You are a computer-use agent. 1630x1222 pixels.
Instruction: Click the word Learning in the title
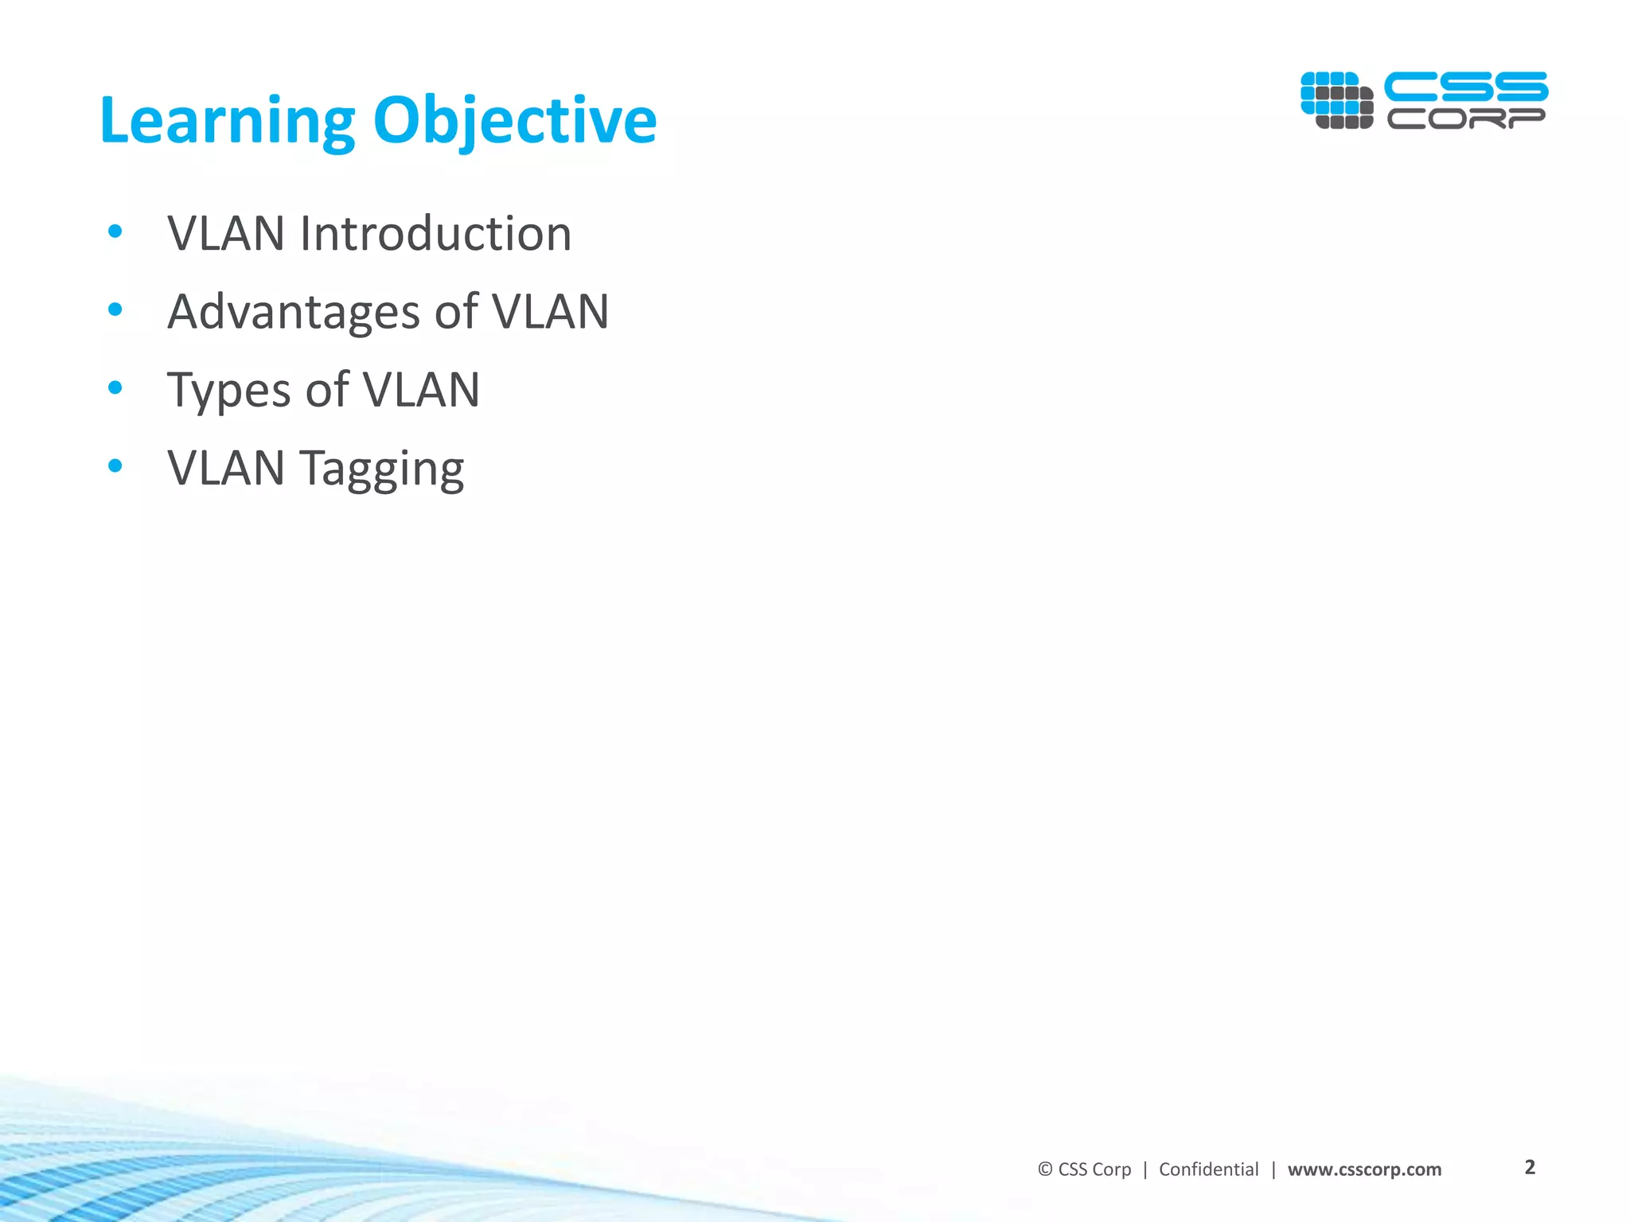coord(227,121)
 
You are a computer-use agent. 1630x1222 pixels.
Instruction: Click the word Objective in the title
coord(515,121)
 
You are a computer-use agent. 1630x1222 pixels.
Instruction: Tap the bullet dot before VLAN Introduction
coord(115,232)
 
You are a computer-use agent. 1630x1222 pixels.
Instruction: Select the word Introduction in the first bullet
coord(435,234)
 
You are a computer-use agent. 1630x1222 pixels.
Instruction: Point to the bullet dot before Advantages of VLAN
coord(115,309)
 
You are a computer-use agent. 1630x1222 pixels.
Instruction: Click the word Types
coord(229,391)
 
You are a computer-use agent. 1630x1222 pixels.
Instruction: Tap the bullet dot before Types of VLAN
coord(115,387)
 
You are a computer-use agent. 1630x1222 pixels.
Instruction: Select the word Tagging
coord(382,469)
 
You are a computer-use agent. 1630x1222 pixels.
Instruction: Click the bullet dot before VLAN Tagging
coord(115,465)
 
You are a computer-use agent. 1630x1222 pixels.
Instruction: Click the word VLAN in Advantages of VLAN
coord(551,312)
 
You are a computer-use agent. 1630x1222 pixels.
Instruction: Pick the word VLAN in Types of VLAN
coord(422,390)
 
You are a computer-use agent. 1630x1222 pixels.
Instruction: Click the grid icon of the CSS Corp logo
coord(1336,100)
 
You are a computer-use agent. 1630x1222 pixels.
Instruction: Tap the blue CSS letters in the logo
coord(1466,86)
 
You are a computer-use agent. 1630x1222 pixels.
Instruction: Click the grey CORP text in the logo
coord(1466,119)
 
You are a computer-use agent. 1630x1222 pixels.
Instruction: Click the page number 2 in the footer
coord(1530,1167)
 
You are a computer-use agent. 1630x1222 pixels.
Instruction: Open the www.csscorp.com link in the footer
coord(1364,1169)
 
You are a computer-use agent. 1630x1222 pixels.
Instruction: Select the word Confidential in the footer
coord(1208,1169)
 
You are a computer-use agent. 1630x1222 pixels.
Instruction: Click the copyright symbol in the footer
coord(1045,1169)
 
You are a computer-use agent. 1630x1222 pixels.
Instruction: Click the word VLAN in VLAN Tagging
coord(226,469)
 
